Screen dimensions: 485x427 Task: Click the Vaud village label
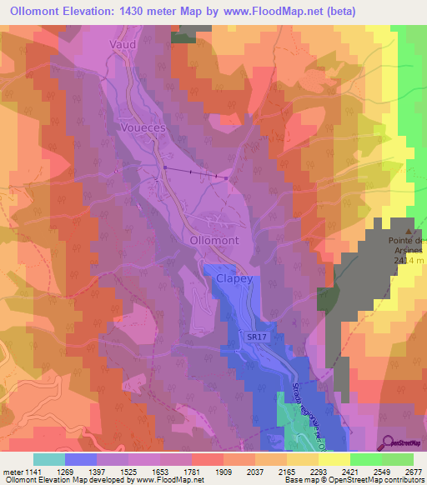(122, 42)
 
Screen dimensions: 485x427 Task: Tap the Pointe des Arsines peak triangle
(409, 232)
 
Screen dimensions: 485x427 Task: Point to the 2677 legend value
(412, 471)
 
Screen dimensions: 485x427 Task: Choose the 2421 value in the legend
(349, 471)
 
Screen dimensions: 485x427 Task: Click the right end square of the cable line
(225, 177)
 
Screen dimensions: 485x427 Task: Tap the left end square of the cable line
(165, 168)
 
